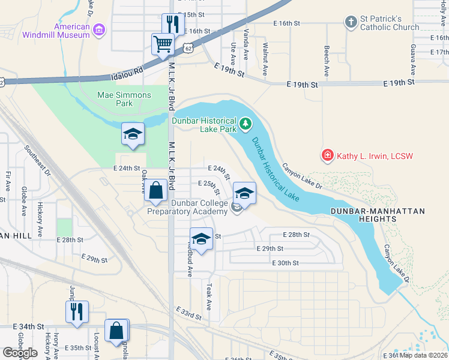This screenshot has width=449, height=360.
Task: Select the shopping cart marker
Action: coord(163,44)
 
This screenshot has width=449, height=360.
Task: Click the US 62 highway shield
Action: coord(190,47)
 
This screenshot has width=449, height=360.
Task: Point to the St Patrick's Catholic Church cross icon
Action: coord(351,23)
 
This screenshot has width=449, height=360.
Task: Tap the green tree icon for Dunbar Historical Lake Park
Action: coord(245,124)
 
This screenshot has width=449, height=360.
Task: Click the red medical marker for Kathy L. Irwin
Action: coord(328,156)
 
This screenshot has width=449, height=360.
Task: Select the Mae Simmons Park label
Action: coord(115,99)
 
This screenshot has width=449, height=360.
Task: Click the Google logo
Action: coord(19,353)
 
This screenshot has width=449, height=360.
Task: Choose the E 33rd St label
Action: coord(188,312)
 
